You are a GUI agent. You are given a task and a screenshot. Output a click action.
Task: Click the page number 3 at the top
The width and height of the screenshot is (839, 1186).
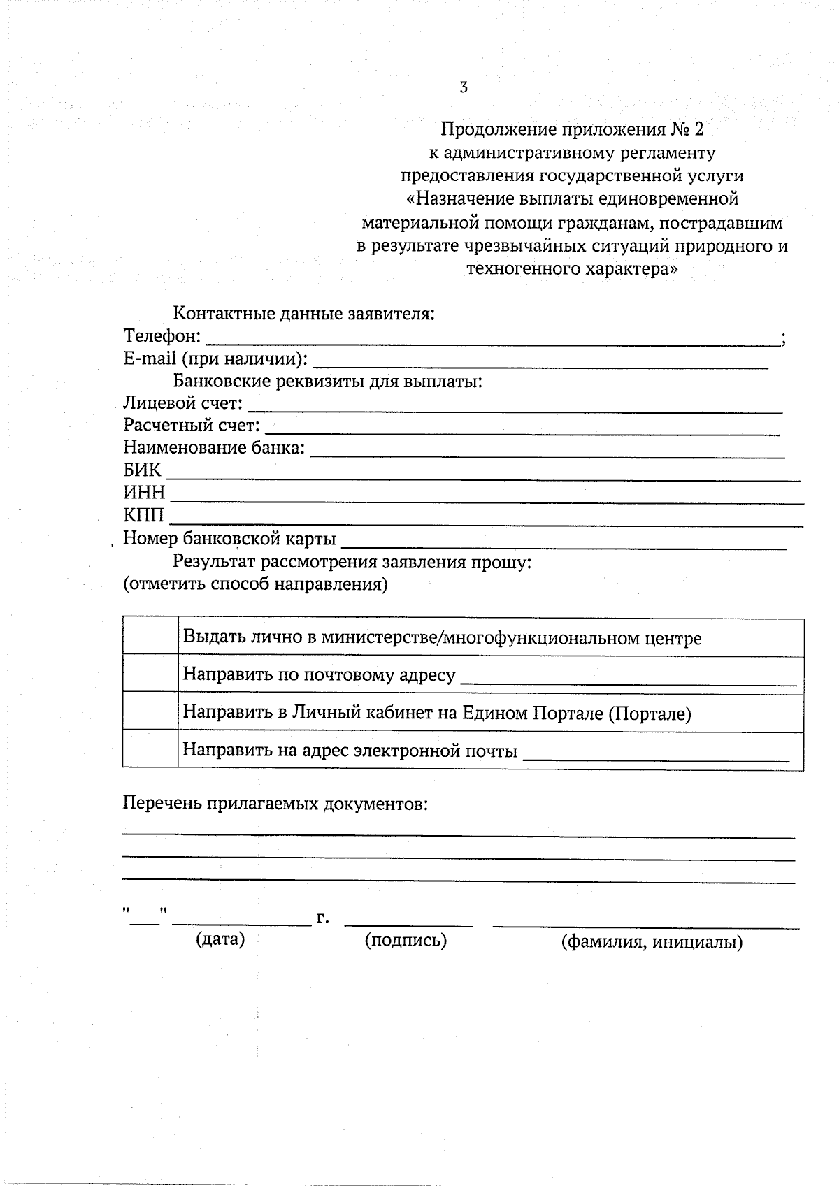tap(464, 87)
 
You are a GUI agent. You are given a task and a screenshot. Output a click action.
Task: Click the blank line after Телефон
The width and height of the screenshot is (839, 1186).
tap(492, 341)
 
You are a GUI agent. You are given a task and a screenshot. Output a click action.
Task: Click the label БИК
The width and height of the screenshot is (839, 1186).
tap(142, 470)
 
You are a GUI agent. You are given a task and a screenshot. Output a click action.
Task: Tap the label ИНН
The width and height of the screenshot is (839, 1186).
tap(144, 493)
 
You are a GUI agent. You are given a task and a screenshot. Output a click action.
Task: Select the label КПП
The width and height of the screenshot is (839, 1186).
tap(144, 516)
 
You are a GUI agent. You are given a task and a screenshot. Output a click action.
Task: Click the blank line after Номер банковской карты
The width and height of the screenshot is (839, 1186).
tap(564, 544)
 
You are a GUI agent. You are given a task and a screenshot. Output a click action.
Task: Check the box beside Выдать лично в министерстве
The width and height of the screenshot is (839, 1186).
tap(150, 636)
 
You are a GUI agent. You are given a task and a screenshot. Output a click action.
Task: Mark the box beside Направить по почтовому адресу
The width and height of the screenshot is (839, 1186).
tap(150, 674)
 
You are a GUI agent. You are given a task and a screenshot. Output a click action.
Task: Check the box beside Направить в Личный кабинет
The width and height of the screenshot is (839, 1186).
tap(150, 711)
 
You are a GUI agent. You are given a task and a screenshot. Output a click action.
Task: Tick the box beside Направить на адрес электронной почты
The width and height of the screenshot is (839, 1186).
tap(150, 749)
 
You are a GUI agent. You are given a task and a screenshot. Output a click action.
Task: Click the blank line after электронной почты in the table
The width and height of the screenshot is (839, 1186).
tap(656, 756)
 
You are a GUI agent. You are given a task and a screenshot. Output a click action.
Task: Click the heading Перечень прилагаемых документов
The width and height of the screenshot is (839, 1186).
tap(275, 804)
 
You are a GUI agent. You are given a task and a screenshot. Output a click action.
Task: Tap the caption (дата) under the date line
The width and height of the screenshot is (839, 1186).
tap(220, 939)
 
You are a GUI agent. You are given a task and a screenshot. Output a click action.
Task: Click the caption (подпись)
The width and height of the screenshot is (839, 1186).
tap(406, 941)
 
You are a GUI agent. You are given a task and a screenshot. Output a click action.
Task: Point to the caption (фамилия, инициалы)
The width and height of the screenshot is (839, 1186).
tap(652, 942)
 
